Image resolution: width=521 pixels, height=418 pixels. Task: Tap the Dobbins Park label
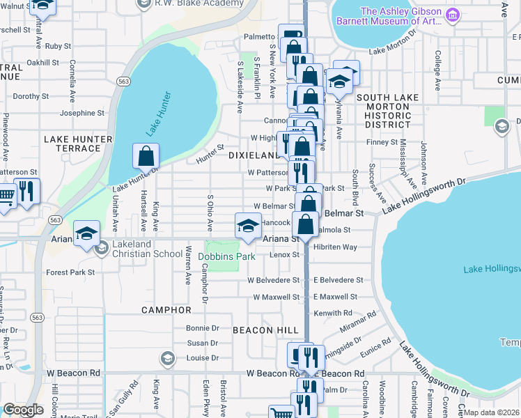click(228, 256)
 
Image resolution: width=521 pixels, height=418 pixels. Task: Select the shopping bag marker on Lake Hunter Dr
click(146, 156)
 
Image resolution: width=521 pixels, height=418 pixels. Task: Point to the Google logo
click(23, 410)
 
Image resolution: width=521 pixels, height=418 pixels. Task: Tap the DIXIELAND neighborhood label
click(254, 155)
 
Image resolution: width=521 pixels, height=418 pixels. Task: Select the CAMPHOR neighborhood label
click(166, 309)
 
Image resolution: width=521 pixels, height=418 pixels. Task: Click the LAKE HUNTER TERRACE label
click(78, 144)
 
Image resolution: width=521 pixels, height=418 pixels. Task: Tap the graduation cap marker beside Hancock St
click(247, 225)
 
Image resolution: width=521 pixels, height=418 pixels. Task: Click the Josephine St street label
click(82, 113)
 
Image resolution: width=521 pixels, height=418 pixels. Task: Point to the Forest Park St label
click(70, 272)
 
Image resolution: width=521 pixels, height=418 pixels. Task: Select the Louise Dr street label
click(203, 359)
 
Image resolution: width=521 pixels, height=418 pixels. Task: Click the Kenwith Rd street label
click(333, 313)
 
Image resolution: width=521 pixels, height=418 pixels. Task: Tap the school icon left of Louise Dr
click(167, 359)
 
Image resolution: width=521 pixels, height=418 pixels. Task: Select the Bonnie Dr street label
click(203, 327)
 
